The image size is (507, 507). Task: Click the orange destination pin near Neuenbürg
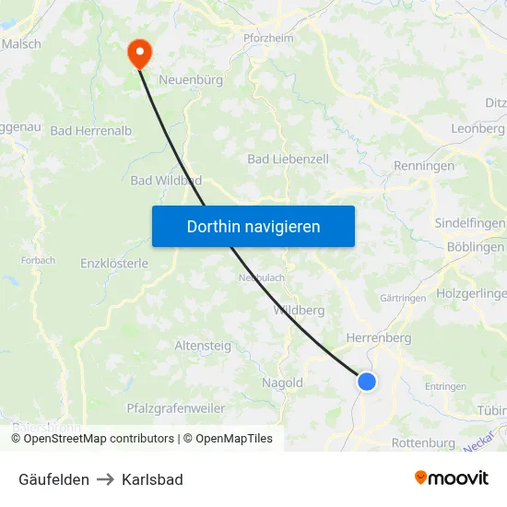(140, 52)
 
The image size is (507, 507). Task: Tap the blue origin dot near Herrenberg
(367, 381)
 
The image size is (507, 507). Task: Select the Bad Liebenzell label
(288, 159)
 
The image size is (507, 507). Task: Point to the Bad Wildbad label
(166, 181)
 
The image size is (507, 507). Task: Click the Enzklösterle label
(114, 264)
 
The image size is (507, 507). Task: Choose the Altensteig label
(203, 346)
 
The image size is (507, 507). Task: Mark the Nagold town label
(282, 383)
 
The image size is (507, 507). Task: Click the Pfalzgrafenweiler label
(175, 407)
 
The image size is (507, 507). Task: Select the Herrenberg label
(378, 338)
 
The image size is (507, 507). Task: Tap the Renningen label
(424, 166)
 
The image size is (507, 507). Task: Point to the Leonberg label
(478, 129)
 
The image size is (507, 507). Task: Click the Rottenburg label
(423, 443)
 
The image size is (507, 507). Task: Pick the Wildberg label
(299, 311)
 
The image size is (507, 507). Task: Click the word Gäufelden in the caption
(53, 479)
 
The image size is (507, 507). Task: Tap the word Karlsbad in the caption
(152, 479)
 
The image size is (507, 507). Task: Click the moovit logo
(452, 478)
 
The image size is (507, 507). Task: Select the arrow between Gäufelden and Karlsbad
(105, 479)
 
